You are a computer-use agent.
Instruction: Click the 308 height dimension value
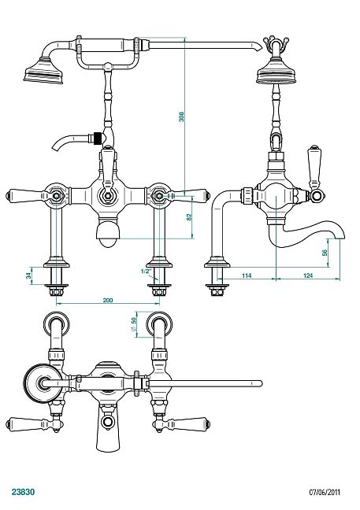(181, 116)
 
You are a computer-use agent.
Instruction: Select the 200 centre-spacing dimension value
(108, 300)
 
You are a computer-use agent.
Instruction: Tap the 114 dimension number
(247, 275)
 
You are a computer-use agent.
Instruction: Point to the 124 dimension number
(308, 275)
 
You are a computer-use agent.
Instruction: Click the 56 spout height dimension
(325, 253)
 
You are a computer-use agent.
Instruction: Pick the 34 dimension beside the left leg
(29, 275)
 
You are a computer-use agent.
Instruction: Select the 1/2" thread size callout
(147, 272)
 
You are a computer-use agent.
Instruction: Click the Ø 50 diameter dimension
(133, 324)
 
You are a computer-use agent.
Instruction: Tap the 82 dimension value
(189, 217)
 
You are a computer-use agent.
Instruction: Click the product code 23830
(23, 492)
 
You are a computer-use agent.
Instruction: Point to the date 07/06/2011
(325, 492)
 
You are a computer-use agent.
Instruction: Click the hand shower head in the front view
(43, 72)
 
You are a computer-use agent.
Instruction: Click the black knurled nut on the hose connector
(97, 139)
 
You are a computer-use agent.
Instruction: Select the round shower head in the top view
(43, 382)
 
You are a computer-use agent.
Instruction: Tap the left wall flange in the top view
(57, 324)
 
